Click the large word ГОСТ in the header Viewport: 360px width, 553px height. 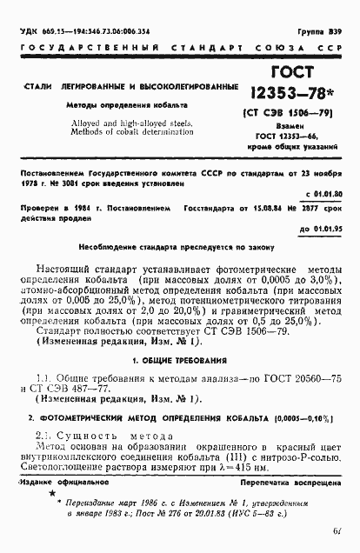[295, 73]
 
